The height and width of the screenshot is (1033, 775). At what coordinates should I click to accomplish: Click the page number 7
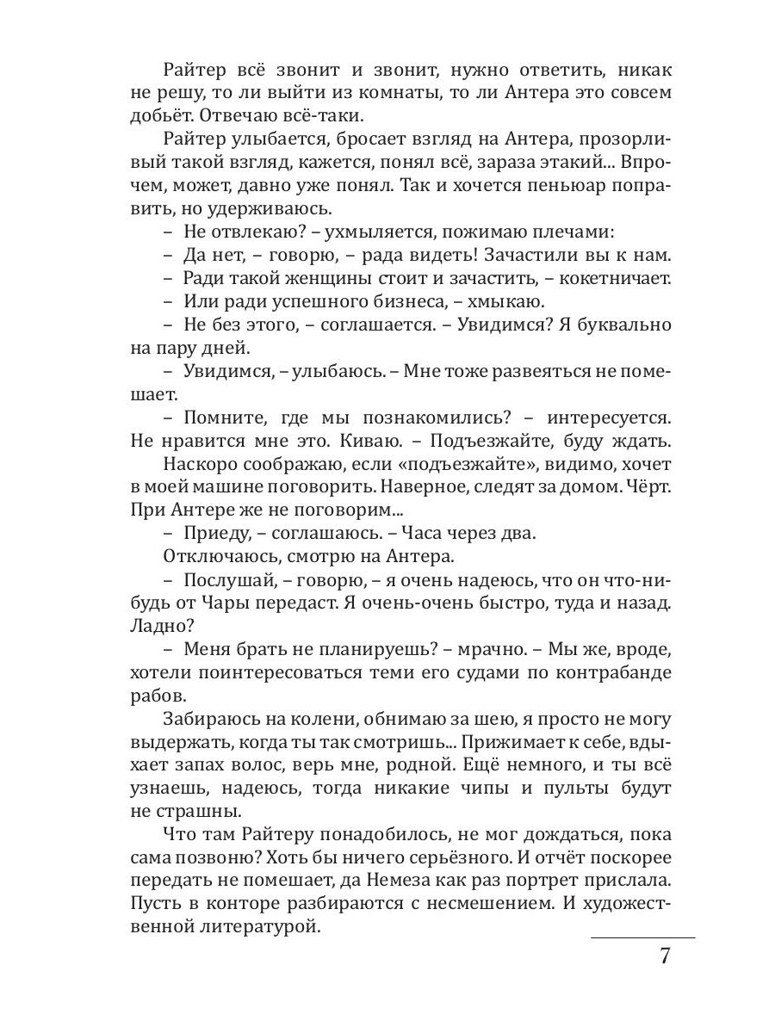click(664, 957)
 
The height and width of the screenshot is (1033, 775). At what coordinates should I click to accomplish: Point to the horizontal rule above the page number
click(642, 937)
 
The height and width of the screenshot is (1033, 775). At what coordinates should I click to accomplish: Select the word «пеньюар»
click(562, 185)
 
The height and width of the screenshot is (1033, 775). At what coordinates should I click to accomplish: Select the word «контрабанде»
click(611, 672)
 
